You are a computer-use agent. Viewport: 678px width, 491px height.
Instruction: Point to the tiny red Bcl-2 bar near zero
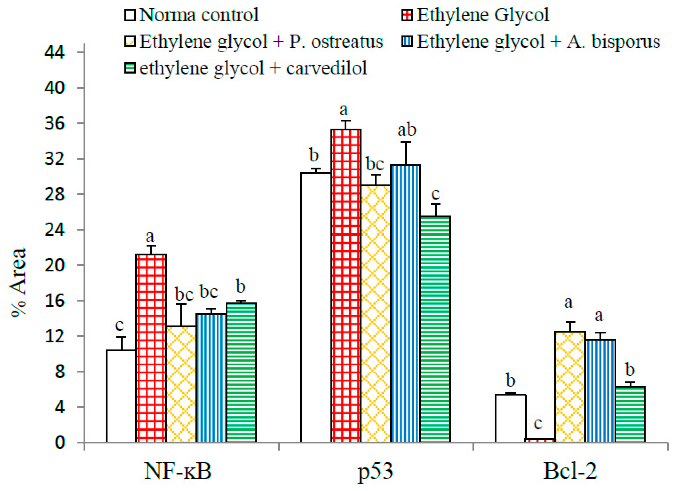tap(540, 440)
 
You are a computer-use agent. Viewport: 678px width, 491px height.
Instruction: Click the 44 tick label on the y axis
tap(55, 53)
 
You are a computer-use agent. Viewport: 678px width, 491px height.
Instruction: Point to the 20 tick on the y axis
tap(55, 265)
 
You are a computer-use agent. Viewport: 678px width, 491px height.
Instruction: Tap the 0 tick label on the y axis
tap(60, 443)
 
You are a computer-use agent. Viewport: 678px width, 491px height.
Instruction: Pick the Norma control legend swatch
tap(130, 15)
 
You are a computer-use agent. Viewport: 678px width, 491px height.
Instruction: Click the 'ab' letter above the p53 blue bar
tap(407, 130)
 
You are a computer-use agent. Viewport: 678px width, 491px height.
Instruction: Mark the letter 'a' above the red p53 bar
tap(344, 110)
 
